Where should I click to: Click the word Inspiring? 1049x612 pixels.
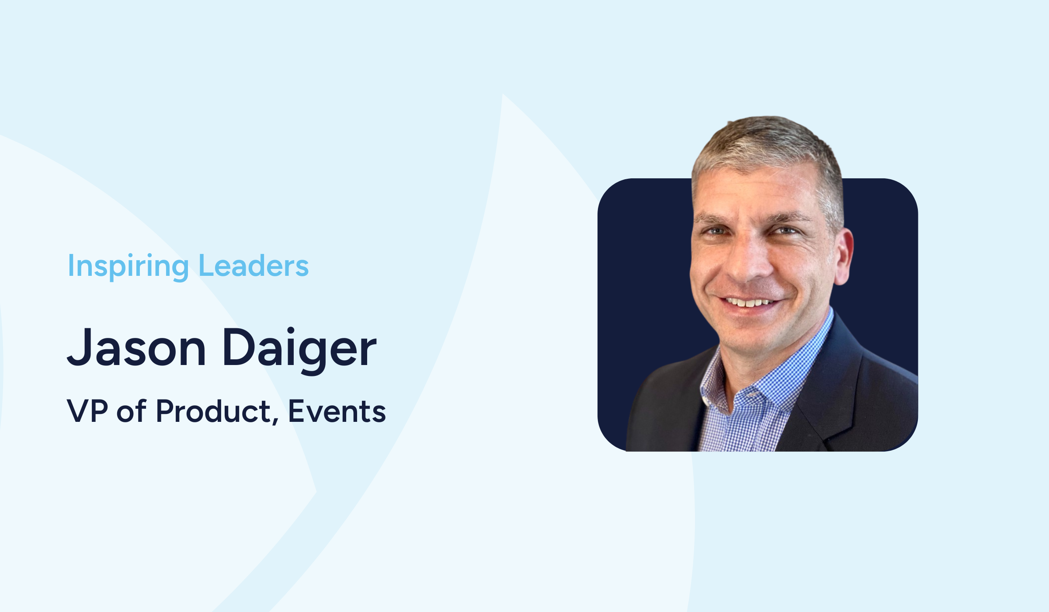pos(128,266)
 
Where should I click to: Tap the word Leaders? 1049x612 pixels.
pos(254,265)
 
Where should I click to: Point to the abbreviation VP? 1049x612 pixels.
pos(87,411)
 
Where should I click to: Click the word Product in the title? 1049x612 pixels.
pos(214,410)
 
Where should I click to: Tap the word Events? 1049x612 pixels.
pos(337,411)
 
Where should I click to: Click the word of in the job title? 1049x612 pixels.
pos(132,410)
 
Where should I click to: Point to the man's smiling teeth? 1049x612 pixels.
pos(748,302)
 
